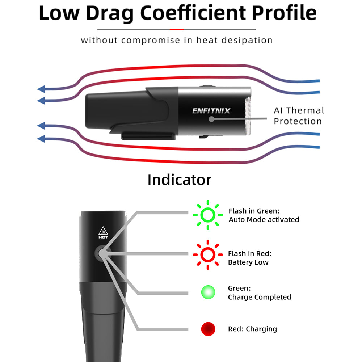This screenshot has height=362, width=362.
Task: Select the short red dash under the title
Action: tap(177, 29)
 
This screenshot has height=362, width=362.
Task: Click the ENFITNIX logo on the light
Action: tap(211, 110)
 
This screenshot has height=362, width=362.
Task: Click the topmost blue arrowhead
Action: tap(42, 89)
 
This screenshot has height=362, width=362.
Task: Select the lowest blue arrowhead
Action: tap(42, 138)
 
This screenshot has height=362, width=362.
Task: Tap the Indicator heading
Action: tap(179, 180)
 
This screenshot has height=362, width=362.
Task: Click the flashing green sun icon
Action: tap(208, 215)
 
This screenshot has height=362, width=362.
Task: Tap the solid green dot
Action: tap(208, 292)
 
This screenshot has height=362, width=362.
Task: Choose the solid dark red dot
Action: tap(208, 329)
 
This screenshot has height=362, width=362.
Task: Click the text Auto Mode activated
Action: tap(264, 220)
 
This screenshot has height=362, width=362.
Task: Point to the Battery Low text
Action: tap(248, 262)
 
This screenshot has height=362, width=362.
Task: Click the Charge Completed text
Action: tap(260, 297)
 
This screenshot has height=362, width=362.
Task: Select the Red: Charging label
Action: tap(252, 329)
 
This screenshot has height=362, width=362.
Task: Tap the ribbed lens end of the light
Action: tap(248, 111)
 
